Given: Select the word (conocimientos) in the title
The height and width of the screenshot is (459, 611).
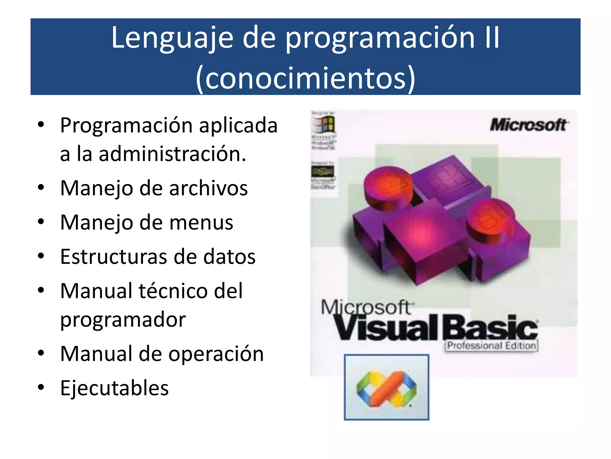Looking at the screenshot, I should tap(305, 78).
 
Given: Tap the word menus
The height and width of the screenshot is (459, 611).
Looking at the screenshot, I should tap(201, 223).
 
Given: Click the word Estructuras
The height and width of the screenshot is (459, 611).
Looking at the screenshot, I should tap(113, 257).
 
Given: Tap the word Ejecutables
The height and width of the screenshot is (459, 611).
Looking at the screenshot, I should tap(114, 388).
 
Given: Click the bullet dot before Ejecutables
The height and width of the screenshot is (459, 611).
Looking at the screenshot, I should tap(41, 388).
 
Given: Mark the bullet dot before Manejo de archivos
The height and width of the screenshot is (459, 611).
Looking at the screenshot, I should tap(41, 188).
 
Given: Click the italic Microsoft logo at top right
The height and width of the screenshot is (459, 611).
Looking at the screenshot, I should tap(529, 125).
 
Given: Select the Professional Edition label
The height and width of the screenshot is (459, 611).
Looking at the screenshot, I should tap(492, 346).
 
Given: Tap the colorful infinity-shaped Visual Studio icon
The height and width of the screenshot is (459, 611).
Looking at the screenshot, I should tap(386, 388).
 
